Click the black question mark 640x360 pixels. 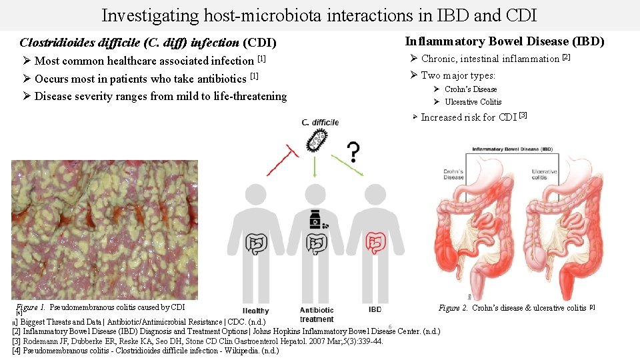(x=354, y=153)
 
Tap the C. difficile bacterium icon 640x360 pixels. (x=317, y=141)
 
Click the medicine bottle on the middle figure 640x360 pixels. (x=316, y=220)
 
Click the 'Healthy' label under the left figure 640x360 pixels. (x=256, y=311)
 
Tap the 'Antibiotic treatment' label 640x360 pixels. (x=317, y=315)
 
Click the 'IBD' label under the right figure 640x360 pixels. (x=375, y=310)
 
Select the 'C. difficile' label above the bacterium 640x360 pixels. (x=320, y=122)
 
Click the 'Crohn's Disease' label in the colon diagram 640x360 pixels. (x=453, y=174)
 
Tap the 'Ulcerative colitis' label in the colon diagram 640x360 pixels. (x=544, y=174)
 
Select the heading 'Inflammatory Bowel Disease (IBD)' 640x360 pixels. (x=505, y=41)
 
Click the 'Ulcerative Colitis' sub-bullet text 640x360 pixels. (x=473, y=102)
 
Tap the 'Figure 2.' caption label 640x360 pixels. (x=454, y=308)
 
